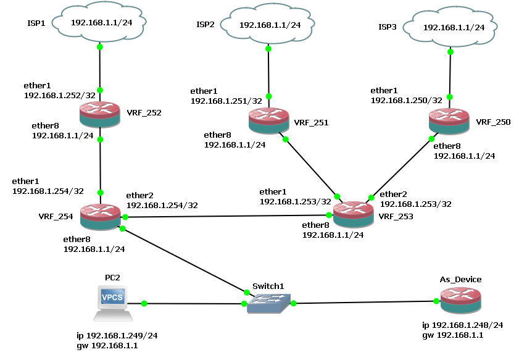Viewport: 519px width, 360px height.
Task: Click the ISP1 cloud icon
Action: point(99,23)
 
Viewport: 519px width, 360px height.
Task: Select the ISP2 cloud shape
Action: point(268,25)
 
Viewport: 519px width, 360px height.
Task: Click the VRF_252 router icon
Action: point(99,115)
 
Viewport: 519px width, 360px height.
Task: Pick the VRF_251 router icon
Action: point(268,120)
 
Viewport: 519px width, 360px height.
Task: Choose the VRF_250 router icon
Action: point(450,120)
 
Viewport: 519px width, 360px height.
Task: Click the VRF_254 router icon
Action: point(99,217)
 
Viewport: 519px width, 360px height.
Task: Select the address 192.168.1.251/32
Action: point(226,100)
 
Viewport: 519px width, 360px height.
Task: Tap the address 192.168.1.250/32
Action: point(406,100)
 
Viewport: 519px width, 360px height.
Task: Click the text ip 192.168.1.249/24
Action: point(117,336)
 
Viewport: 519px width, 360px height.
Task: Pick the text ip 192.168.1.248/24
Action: point(462,325)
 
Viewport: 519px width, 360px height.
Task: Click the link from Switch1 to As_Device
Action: point(364,302)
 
